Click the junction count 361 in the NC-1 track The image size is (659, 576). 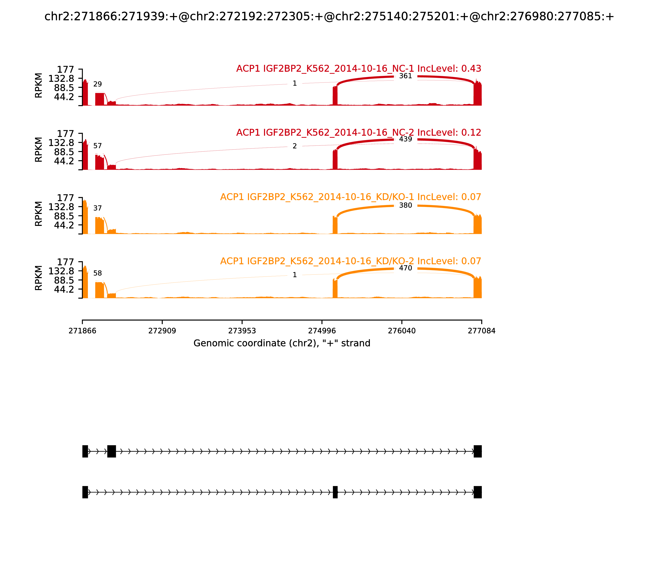[x=405, y=76]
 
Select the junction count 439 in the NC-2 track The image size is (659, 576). [x=405, y=139]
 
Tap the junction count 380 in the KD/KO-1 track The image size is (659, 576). [x=405, y=205]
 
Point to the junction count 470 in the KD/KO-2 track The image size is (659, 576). [x=405, y=268]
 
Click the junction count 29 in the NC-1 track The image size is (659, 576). [x=97, y=84]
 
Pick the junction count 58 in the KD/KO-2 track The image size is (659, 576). [x=97, y=273]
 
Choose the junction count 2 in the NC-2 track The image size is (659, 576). [x=295, y=146]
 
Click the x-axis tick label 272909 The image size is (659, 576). [x=162, y=331]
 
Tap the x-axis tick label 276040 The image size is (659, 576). [x=402, y=331]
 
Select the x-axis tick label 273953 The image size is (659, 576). [x=242, y=331]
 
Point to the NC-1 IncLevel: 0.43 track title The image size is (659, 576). [x=359, y=69]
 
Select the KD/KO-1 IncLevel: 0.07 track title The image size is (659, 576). [x=351, y=197]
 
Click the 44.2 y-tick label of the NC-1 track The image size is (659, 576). [x=64, y=97]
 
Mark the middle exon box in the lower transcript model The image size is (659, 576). [x=335, y=492]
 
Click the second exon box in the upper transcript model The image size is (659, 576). [x=112, y=451]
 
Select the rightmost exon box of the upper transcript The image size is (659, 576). [x=478, y=451]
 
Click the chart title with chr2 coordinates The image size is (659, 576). [x=329, y=16]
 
